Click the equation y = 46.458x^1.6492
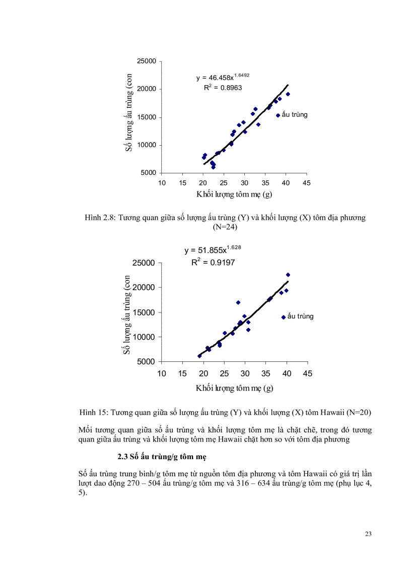[x=222, y=78]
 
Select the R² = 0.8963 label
[x=222, y=88]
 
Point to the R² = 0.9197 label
[x=213, y=262]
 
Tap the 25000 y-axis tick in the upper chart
[x=147, y=61]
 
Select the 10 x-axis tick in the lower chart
[x=162, y=373]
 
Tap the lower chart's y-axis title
[x=127, y=313]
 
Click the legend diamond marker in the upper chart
[x=278, y=115]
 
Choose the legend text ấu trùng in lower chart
[x=301, y=317]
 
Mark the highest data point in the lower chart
[x=288, y=275]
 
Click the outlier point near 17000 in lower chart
[x=238, y=302]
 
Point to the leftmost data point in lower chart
[x=199, y=356]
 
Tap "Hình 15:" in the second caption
[x=93, y=412]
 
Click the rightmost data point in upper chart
[x=288, y=94]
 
